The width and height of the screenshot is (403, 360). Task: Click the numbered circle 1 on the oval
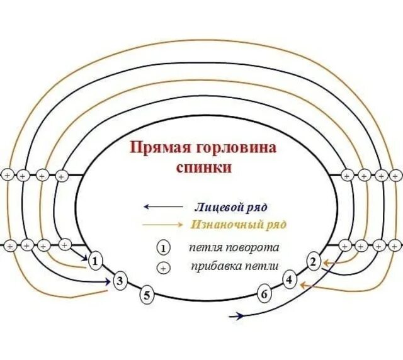click(94, 261)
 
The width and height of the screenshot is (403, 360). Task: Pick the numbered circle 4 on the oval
click(289, 279)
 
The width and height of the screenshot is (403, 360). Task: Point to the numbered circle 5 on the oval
click(147, 294)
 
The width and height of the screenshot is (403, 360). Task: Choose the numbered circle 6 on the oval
click(264, 293)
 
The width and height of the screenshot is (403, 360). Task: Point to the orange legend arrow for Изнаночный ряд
click(164, 225)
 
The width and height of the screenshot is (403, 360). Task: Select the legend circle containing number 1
click(163, 247)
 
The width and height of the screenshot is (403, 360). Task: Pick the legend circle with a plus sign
click(163, 267)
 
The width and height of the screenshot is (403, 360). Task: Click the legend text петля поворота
click(234, 247)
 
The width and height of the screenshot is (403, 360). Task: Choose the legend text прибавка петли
click(235, 266)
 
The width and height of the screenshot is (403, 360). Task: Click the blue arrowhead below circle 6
click(238, 316)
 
